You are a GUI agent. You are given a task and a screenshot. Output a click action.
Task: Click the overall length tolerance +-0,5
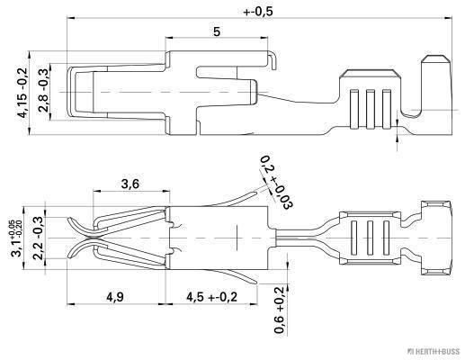[x=259, y=13]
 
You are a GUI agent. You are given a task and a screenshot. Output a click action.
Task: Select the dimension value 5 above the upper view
[x=217, y=31]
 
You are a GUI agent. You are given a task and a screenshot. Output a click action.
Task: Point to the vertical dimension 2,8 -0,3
[x=42, y=91]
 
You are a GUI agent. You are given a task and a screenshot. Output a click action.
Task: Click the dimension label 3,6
[x=130, y=184]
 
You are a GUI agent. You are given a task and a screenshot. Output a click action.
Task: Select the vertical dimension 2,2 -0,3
[x=39, y=237]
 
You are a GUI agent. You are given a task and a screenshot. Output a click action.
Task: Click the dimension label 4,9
[x=115, y=296]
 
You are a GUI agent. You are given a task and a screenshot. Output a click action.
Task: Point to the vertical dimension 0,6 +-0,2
[x=279, y=310]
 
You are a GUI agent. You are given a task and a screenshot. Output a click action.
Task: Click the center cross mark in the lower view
[x=236, y=237]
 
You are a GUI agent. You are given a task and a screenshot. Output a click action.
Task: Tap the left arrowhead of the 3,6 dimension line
[x=94, y=193]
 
